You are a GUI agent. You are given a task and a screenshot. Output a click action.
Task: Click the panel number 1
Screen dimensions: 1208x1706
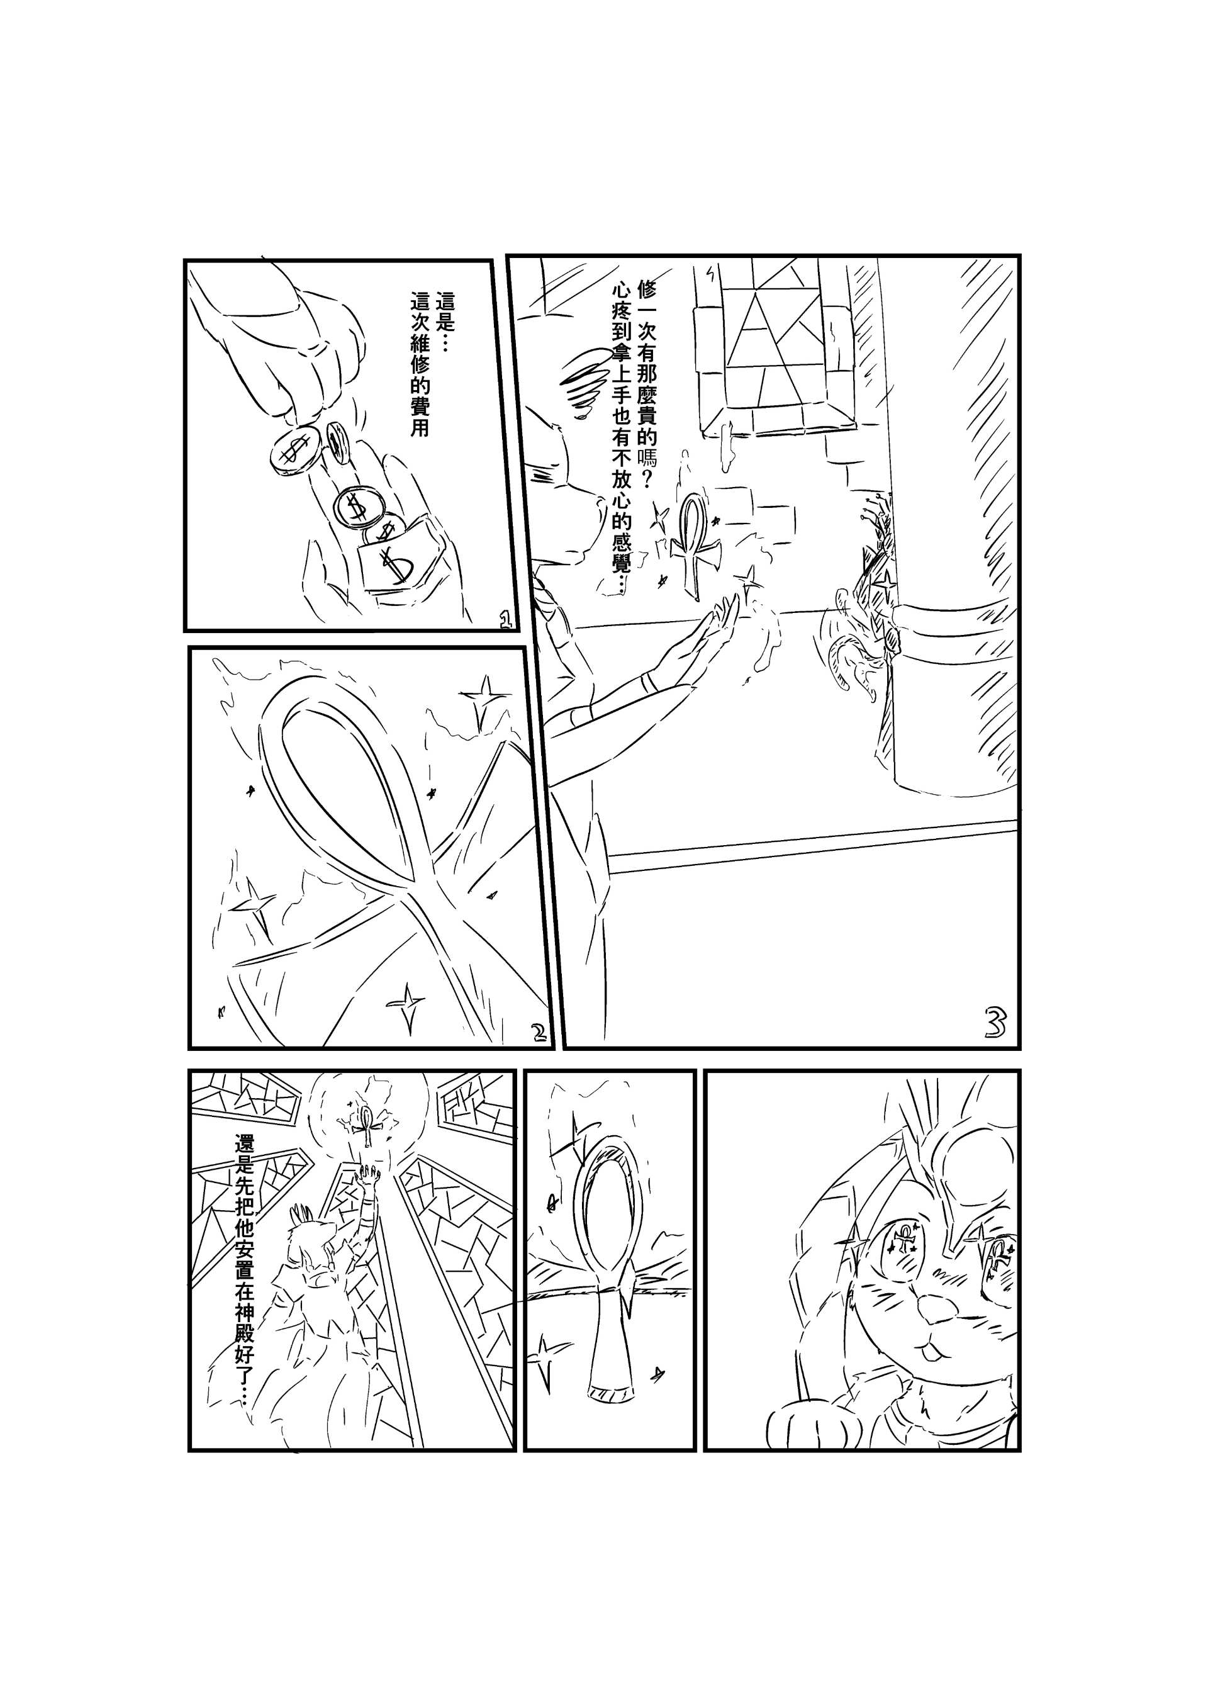[506, 620]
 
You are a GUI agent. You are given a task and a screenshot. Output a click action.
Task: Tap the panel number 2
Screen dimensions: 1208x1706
[539, 1031]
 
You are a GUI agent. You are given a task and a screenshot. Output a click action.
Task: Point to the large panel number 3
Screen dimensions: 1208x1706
[995, 1024]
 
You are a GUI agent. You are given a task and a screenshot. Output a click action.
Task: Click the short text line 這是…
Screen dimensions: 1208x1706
[448, 323]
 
